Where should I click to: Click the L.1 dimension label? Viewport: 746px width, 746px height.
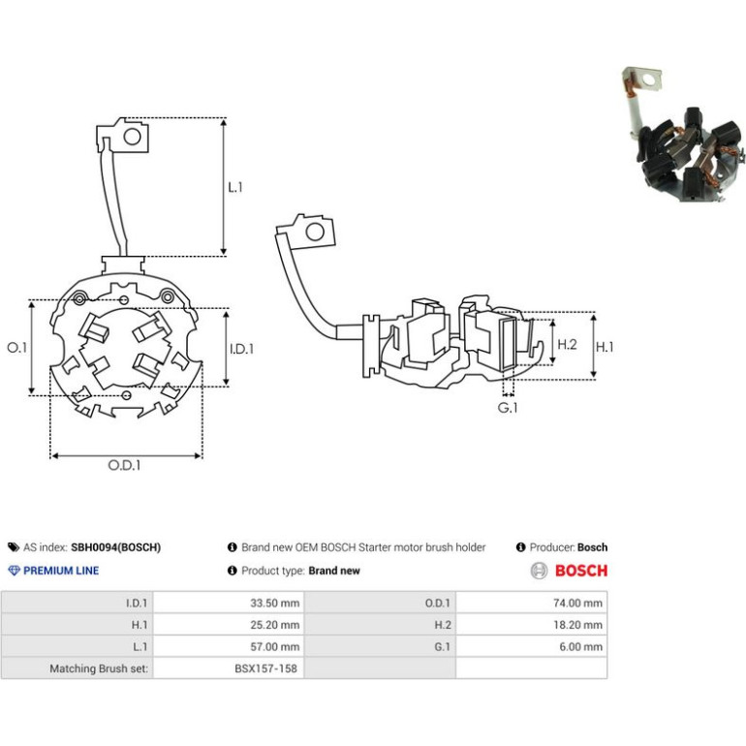click(x=235, y=187)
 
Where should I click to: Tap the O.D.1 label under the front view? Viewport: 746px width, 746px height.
click(x=124, y=465)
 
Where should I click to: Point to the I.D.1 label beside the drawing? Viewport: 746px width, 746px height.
click(x=241, y=349)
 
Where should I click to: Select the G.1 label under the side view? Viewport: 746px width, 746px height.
click(x=508, y=408)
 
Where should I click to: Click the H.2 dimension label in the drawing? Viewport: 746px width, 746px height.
click(x=567, y=344)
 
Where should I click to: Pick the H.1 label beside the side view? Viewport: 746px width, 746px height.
click(x=605, y=347)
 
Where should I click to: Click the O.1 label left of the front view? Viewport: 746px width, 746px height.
click(x=17, y=347)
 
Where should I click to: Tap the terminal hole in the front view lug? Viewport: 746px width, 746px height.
click(x=133, y=137)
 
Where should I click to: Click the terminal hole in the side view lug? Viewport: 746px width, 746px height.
click(x=315, y=233)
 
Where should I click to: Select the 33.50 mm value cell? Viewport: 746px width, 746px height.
click(x=274, y=603)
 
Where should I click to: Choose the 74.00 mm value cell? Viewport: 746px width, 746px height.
click(x=577, y=603)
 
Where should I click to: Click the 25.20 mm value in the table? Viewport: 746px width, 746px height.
click(x=274, y=625)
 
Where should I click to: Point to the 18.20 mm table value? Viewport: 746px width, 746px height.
click(x=577, y=625)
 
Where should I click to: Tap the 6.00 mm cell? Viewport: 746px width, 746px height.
click(x=580, y=646)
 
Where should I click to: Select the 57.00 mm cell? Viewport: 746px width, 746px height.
click(x=274, y=646)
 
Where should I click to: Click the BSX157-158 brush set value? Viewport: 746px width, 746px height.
click(x=265, y=668)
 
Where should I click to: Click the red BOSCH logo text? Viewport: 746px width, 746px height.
click(x=581, y=571)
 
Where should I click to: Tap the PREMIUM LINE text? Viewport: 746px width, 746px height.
click(x=61, y=571)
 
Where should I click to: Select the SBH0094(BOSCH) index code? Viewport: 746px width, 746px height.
click(x=115, y=547)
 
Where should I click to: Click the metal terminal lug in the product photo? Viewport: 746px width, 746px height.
click(x=643, y=79)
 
